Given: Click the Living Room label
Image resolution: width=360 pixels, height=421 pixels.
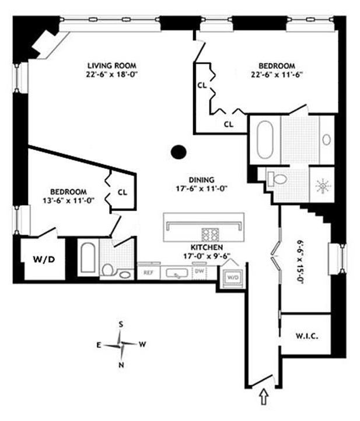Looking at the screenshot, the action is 112,69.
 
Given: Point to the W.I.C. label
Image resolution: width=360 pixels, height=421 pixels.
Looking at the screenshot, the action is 306,338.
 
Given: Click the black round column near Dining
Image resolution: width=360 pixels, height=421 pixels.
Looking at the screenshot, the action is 179,152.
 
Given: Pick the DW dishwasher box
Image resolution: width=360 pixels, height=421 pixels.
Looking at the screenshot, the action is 199,272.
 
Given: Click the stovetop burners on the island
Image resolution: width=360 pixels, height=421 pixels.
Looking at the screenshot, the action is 209,234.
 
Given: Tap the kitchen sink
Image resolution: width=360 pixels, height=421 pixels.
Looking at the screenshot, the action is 173,272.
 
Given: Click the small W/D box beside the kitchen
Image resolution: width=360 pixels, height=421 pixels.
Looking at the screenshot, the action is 232,276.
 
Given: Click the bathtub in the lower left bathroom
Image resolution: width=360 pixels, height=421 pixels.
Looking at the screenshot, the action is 88,258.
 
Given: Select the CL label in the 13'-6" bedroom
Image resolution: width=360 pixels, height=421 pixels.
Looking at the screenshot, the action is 122,192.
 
